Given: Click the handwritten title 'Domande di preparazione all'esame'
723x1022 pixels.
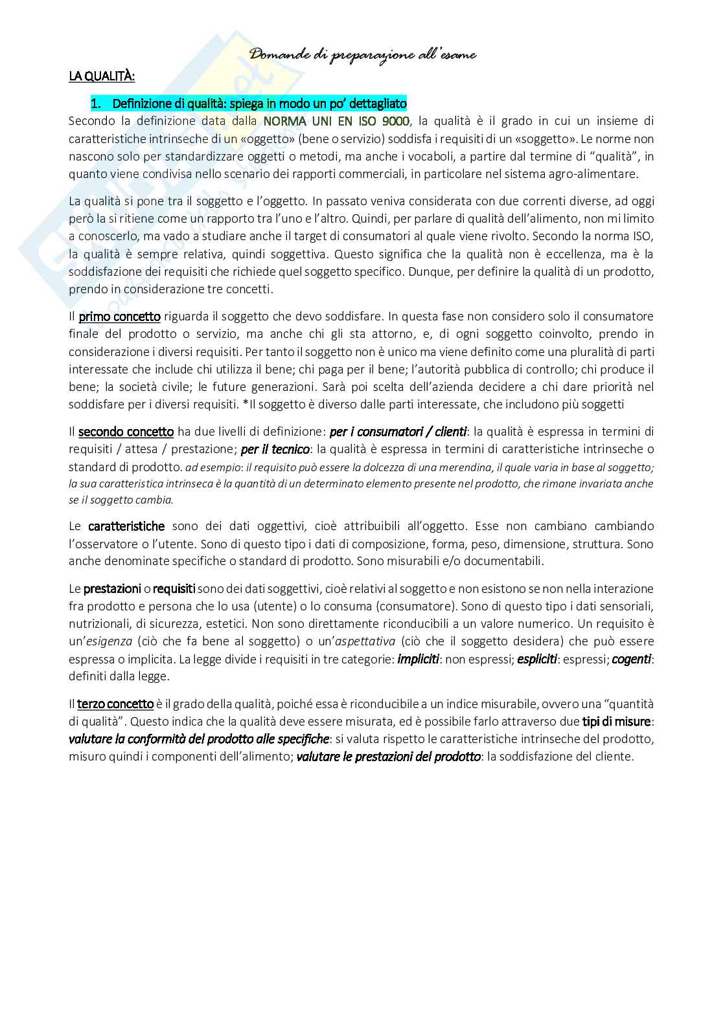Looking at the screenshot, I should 363,55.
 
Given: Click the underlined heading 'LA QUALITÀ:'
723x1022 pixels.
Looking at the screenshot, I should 102,76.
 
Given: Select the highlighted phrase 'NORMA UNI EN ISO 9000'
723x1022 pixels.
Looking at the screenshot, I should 336,121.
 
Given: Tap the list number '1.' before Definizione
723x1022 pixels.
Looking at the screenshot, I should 95,104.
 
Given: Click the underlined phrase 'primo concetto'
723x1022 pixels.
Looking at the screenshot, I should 119,317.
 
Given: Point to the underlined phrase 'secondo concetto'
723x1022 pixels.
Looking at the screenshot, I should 126,432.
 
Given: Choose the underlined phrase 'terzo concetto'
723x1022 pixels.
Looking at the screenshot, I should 115,704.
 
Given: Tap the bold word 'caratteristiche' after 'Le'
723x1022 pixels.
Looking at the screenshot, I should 126,526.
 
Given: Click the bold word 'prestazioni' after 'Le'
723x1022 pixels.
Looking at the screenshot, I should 112,589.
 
